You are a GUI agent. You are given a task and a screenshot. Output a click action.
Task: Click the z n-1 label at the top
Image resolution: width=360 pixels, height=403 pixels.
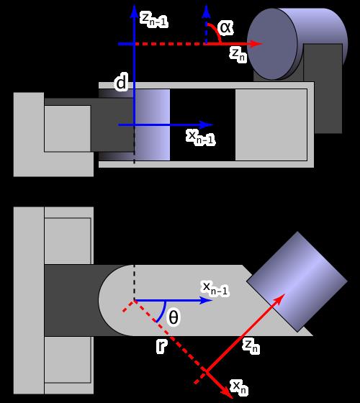154,19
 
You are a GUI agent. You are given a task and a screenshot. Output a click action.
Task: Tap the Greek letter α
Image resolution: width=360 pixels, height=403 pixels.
225,27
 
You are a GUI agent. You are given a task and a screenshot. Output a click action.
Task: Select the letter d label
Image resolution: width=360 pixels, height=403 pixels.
121,83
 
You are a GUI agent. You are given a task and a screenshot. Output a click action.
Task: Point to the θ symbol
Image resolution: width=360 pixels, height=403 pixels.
174,317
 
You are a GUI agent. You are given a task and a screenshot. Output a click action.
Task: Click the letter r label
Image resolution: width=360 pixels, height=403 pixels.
161,345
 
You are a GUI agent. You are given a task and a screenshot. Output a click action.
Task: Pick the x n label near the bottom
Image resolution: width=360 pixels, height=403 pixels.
239,388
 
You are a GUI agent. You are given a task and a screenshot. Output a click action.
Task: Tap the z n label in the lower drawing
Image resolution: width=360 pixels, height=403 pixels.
251,346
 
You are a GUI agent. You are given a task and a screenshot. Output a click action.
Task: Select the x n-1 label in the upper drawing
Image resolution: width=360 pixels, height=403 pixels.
201,137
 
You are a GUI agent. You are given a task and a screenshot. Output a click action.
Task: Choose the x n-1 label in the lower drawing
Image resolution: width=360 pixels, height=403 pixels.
215,288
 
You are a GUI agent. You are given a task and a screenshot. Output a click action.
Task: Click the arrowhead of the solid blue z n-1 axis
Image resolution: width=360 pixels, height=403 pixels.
134,12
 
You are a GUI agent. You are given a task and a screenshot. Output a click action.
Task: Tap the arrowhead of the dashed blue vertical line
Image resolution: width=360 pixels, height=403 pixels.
206,12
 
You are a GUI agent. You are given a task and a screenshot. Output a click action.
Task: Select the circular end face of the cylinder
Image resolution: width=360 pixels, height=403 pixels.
272,44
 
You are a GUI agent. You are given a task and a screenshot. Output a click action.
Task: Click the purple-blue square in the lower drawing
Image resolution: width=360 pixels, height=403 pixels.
297,281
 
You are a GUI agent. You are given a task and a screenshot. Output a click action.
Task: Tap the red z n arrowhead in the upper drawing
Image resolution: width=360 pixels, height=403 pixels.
256,44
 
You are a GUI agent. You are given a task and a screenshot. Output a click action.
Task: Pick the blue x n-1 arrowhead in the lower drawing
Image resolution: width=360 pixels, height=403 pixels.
206,300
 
